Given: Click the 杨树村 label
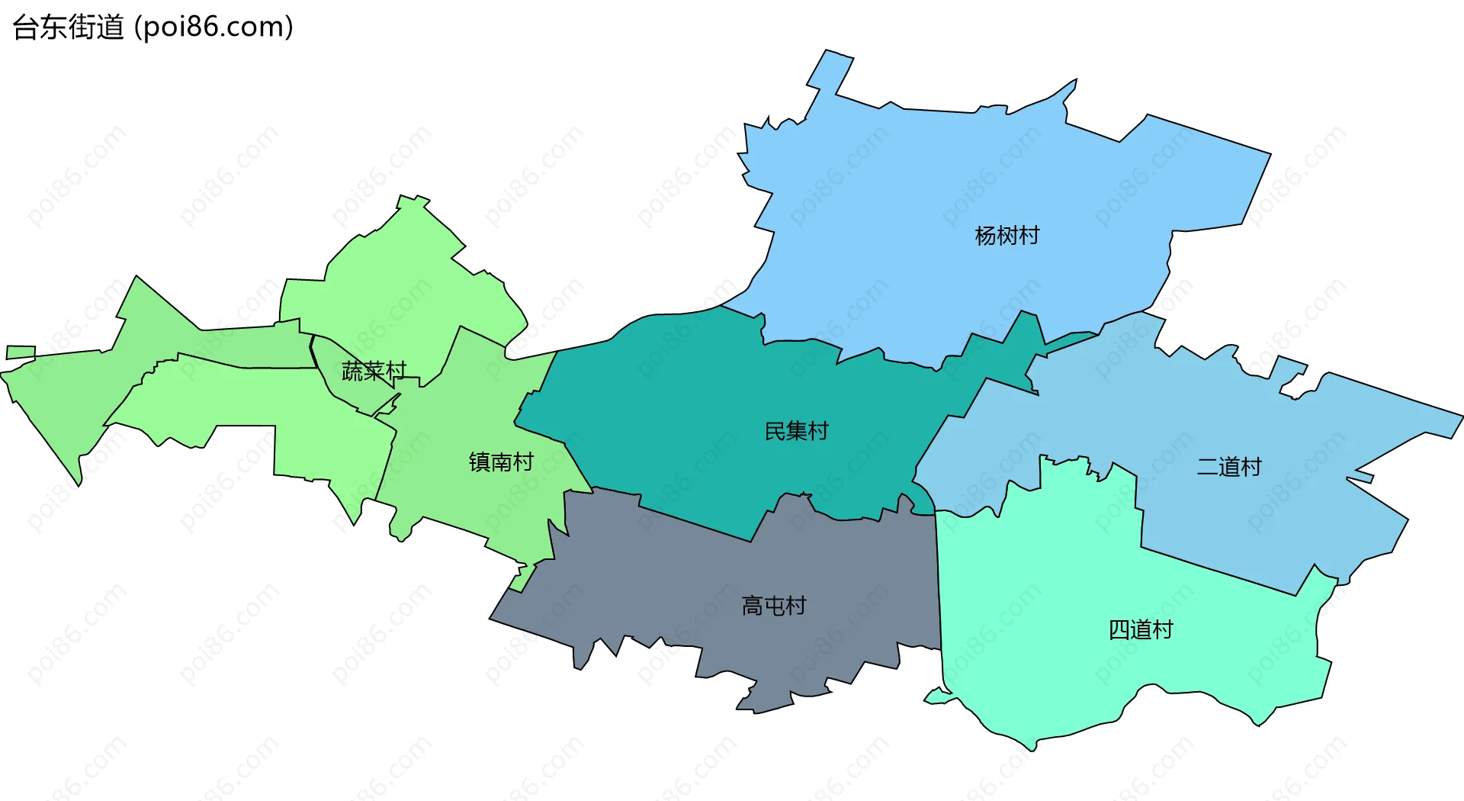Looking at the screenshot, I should coord(1006,236).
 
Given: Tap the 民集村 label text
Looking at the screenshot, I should coord(796,431).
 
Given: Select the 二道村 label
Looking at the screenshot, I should coord(1229,466).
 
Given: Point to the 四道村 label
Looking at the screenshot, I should coord(1140,629).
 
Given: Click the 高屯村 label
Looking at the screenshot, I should coord(774,606).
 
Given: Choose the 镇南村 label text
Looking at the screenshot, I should coord(501,462).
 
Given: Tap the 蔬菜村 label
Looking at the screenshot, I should coord(374,372).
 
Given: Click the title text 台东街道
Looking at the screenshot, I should coord(68,27).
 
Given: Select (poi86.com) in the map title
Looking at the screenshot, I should coord(213,27).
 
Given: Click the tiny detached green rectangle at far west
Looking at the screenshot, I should coord(21,352).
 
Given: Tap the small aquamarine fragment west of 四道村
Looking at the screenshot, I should coord(937,696).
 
